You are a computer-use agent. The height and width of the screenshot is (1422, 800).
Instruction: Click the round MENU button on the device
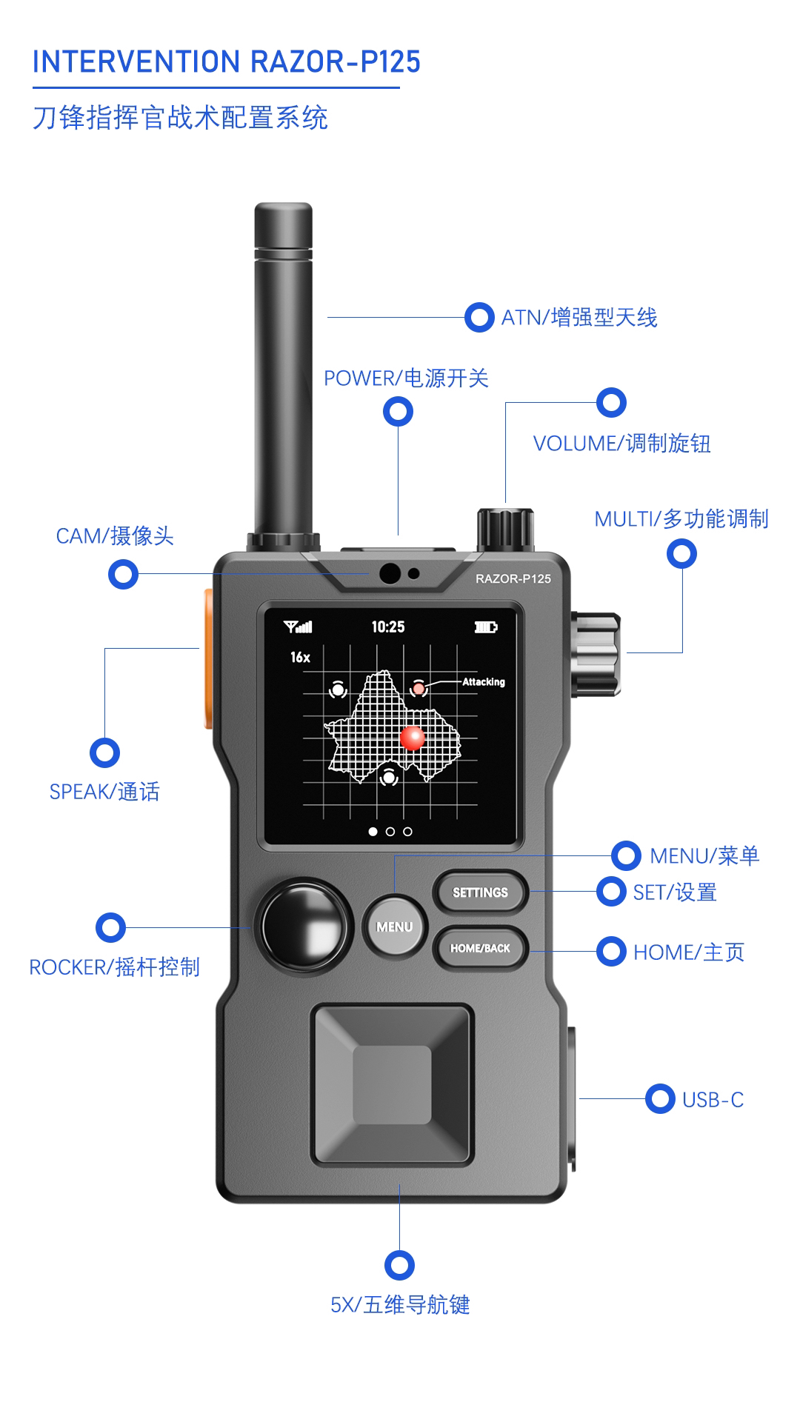[x=394, y=927]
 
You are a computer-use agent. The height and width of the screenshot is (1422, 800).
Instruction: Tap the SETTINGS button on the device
[x=480, y=892]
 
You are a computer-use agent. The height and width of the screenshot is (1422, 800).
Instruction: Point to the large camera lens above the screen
[x=390, y=573]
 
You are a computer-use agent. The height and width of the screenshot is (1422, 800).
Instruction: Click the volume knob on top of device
[x=505, y=528]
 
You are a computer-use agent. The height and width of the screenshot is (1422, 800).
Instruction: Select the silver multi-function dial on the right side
[x=596, y=654]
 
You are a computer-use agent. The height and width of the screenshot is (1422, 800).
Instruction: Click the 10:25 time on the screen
[x=388, y=627]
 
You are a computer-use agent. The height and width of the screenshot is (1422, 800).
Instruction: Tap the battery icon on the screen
[x=485, y=627]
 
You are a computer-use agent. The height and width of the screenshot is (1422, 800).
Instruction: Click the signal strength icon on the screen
[x=298, y=627]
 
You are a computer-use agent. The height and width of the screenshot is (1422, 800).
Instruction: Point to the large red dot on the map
[x=412, y=738]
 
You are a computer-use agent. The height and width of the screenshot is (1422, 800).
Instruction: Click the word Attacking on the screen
[x=484, y=682]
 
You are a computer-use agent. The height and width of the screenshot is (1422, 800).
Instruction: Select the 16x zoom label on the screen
[x=300, y=657]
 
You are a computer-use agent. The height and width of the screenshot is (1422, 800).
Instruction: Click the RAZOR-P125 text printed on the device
[x=513, y=579]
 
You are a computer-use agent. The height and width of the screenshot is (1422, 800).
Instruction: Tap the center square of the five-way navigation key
[x=392, y=1084]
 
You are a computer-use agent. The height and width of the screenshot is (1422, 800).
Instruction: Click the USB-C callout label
[x=713, y=1100]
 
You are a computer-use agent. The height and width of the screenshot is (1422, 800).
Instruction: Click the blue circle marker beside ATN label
[x=479, y=317]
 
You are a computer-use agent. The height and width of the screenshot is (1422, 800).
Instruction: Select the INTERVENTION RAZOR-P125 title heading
[x=226, y=61]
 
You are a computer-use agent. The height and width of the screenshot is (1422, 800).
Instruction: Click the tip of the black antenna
[x=283, y=211]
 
